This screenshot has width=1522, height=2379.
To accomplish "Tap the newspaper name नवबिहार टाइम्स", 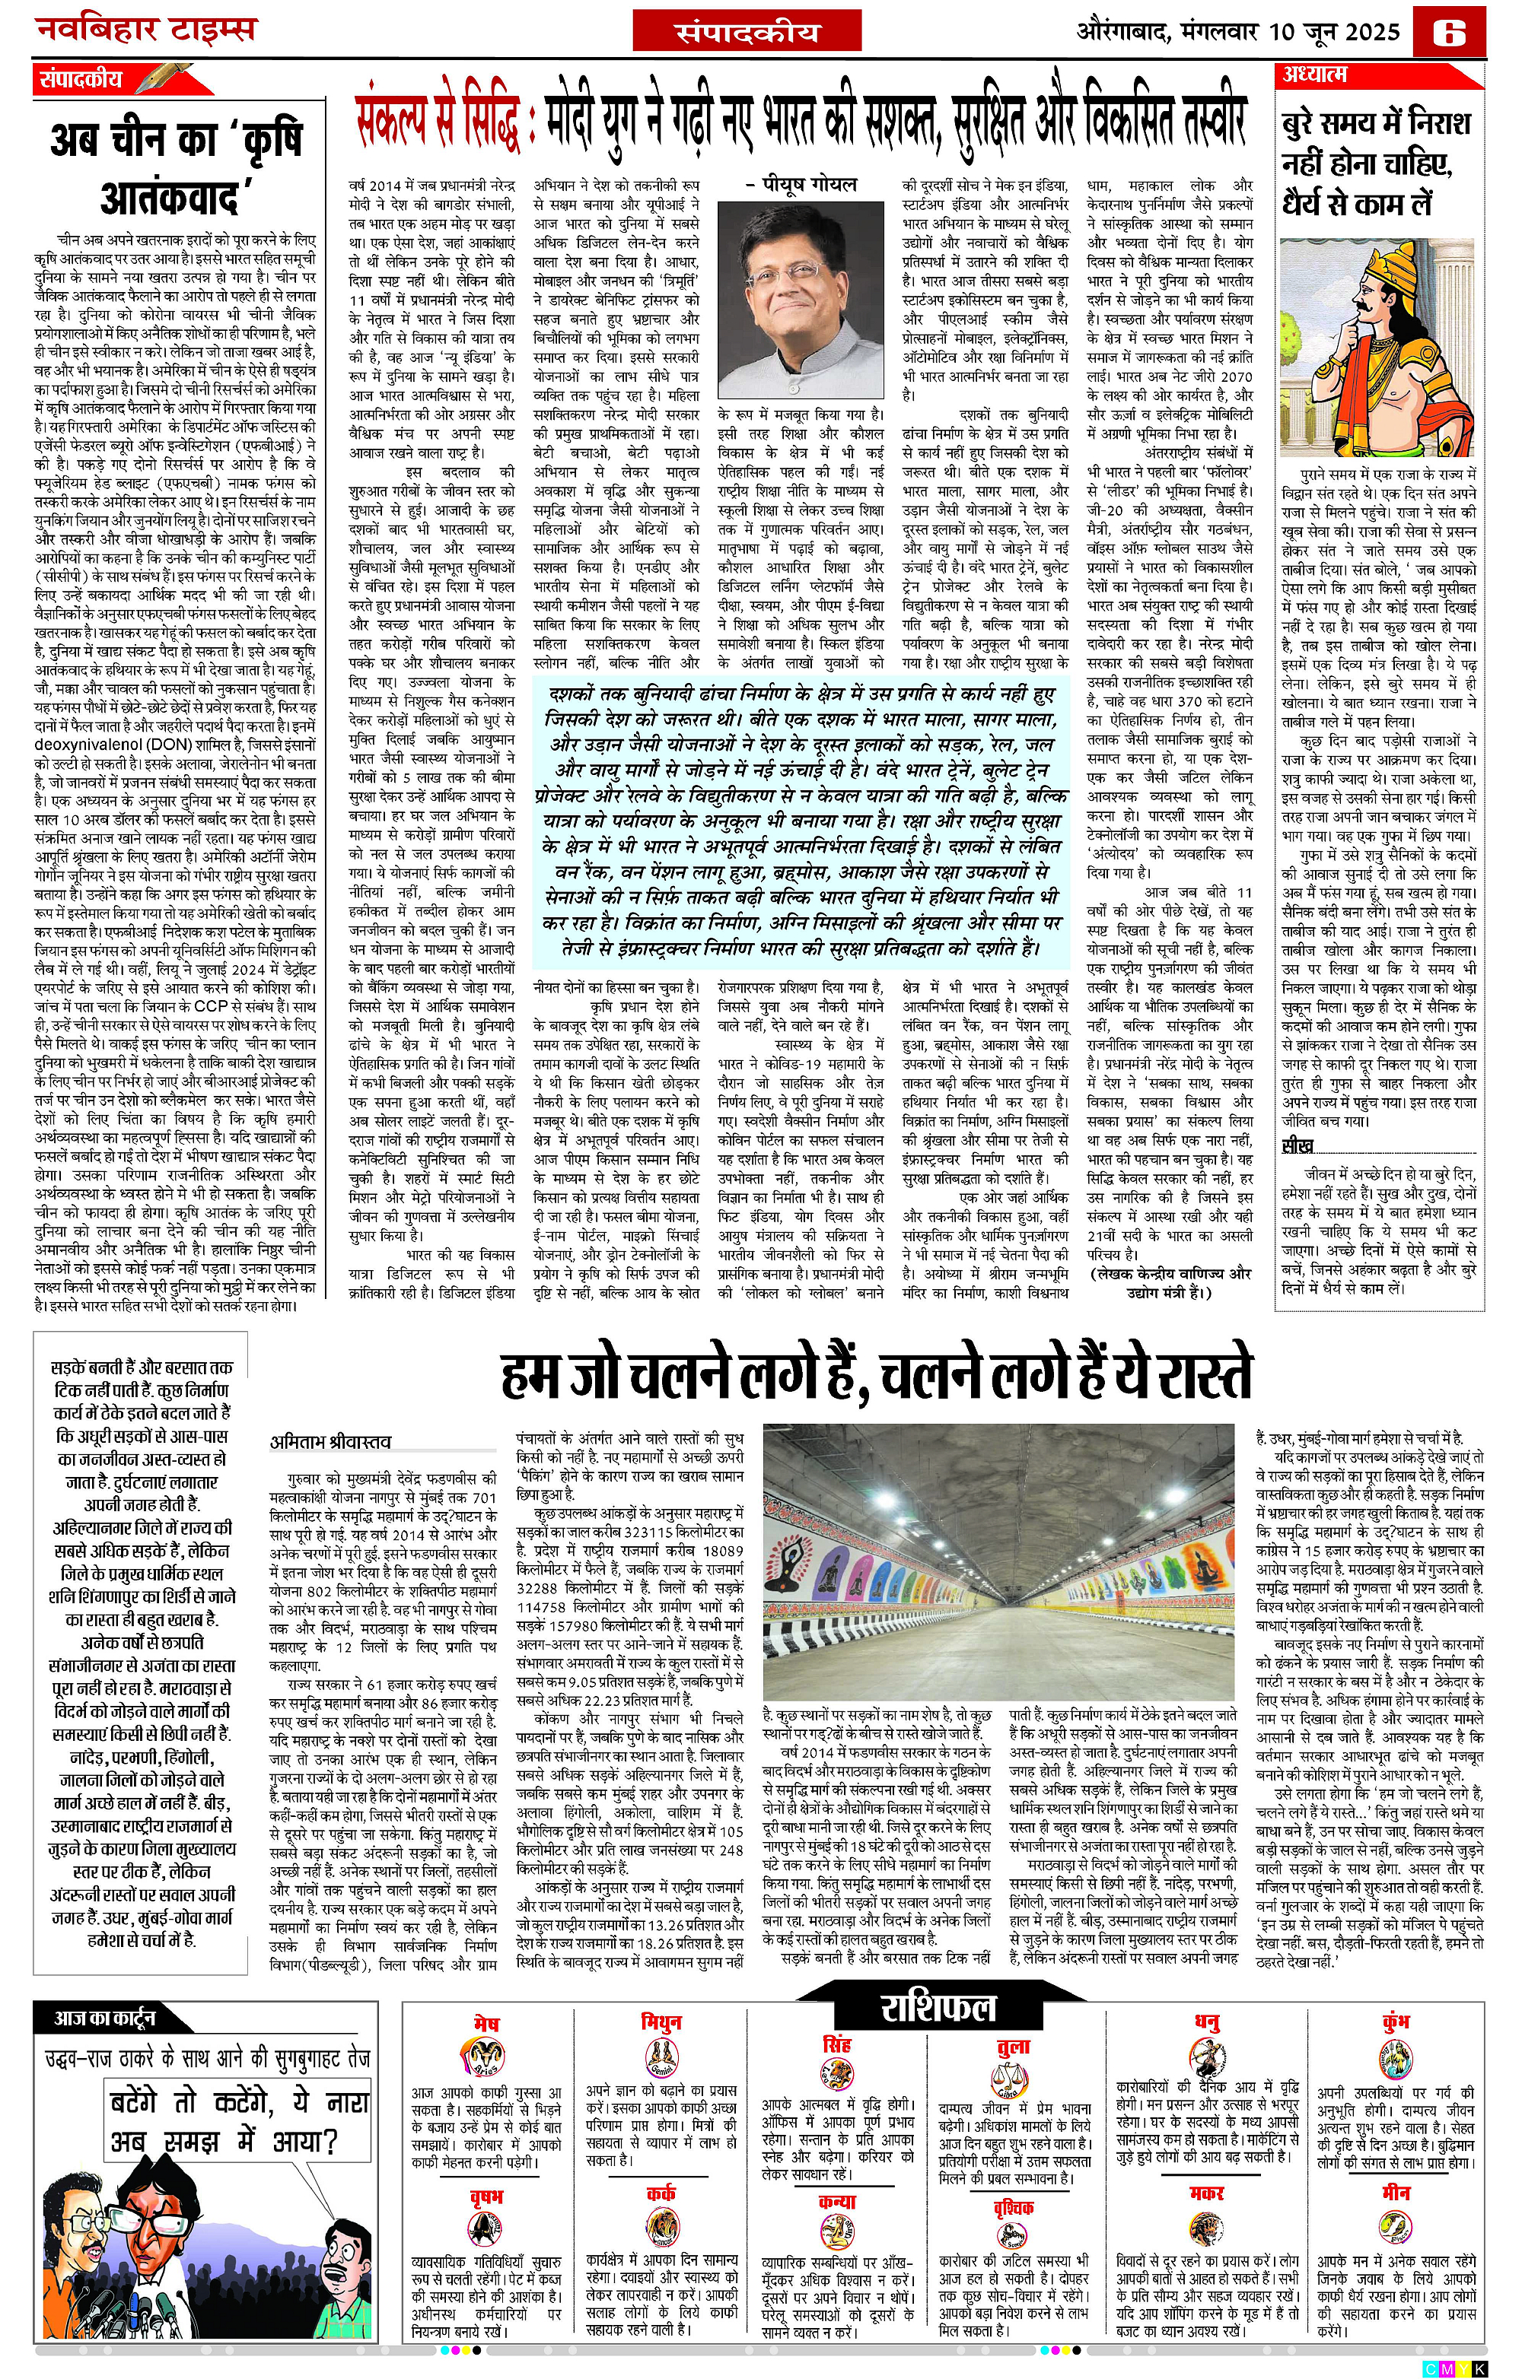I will pos(145,30).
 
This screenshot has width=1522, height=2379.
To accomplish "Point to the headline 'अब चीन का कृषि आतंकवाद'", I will pos(176,168).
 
